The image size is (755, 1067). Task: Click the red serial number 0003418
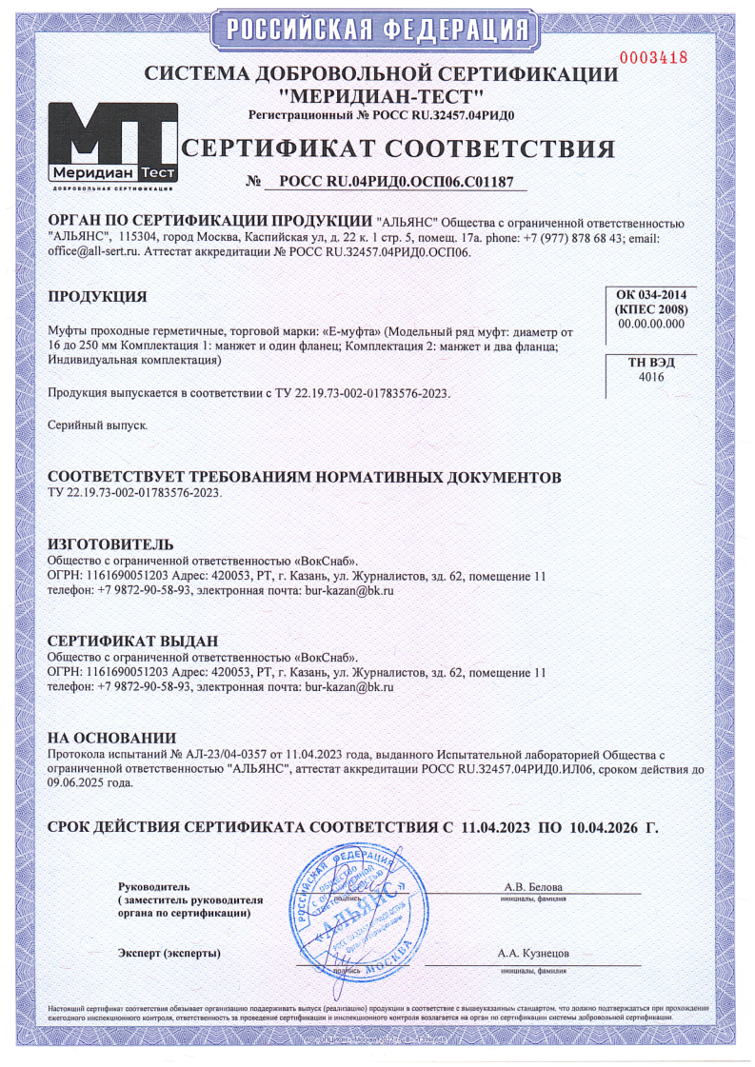tap(653, 57)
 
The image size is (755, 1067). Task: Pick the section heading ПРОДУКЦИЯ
tap(97, 297)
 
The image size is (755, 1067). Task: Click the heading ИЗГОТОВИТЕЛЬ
tap(110, 543)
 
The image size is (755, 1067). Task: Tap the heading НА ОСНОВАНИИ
tap(112, 738)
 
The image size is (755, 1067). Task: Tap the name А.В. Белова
tap(533, 888)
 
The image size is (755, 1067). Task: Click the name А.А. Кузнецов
tap(533, 953)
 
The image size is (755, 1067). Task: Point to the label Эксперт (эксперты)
tap(169, 953)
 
